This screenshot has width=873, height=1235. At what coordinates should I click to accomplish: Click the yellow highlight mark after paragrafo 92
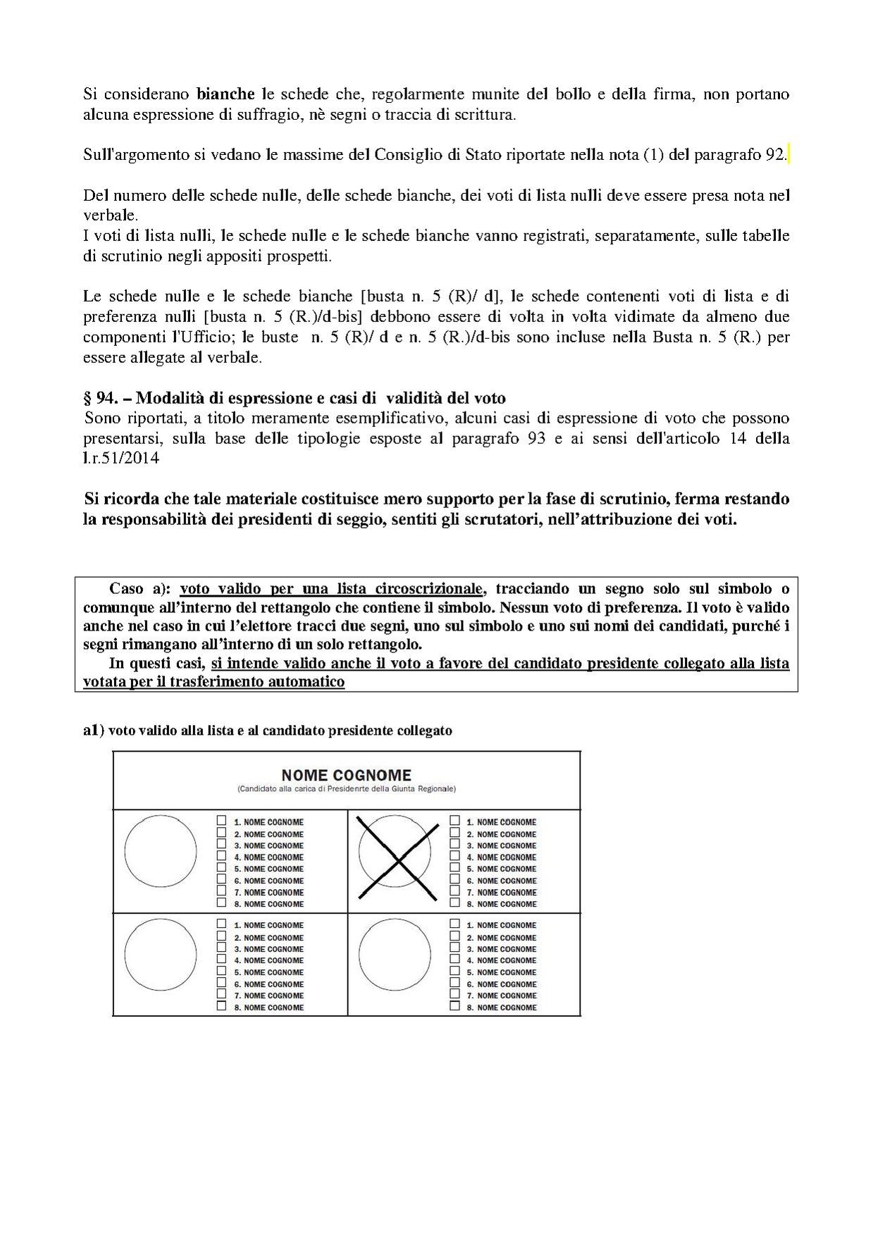(788, 155)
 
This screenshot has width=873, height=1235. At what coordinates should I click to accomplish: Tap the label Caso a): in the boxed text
(140, 588)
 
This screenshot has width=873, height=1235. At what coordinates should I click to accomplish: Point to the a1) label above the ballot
(94, 731)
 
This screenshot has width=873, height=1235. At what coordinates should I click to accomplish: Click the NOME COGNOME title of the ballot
(346, 775)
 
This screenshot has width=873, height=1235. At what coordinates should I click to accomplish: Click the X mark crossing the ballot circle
(399, 858)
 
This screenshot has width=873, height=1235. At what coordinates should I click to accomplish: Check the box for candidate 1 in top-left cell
(222, 821)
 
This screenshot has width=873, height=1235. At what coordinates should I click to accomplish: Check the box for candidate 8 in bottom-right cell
(455, 1006)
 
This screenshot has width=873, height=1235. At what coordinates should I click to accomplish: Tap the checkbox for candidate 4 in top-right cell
(455, 856)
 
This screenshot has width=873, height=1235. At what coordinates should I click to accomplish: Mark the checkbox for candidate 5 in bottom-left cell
(222, 971)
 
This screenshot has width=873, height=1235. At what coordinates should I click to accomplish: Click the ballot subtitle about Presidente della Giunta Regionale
(346, 789)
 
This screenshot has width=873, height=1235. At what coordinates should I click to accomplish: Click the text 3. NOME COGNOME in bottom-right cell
(505, 949)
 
